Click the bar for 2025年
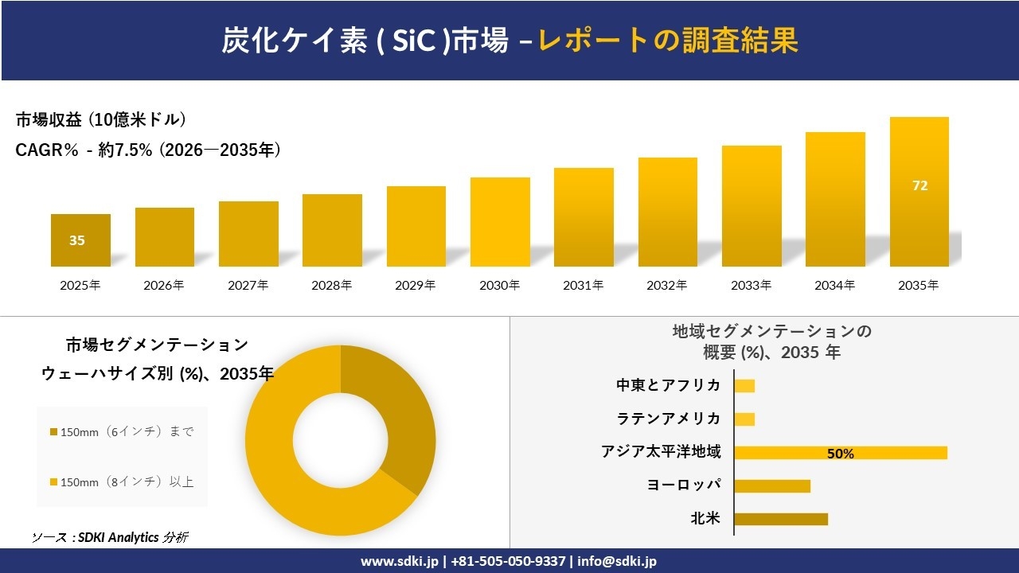pyautogui.click(x=80, y=240)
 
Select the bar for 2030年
pyautogui.click(x=500, y=222)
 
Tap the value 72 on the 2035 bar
pyautogui.click(x=919, y=185)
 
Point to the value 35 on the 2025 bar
pyautogui.click(x=76, y=240)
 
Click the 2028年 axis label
pyautogui.click(x=332, y=285)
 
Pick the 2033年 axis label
pyautogui.click(x=752, y=285)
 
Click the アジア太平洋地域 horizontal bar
pyautogui.click(x=840, y=453)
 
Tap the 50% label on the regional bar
pyautogui.click(x=840, y=454)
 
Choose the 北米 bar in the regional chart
pyautogui.click(x=780, y=519)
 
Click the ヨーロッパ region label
pyautogui.click(x=684, y=485)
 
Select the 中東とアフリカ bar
pyautogui.click(x=744, y=386)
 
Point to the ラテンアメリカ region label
pyautogui.click(x=668, y=419)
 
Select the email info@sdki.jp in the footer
pyautogui.click(x=617, y=561)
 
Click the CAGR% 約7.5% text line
pyautogui.click(x=148, y=150)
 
